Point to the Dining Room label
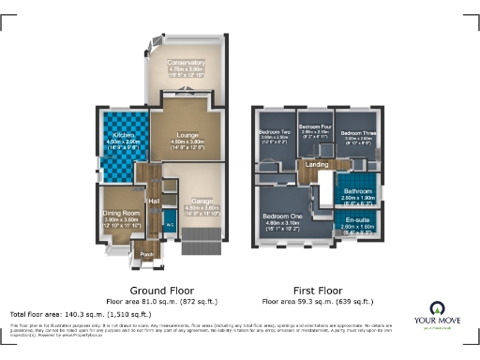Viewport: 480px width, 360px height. coord(121,214)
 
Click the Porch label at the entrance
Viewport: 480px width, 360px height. coord(145,253)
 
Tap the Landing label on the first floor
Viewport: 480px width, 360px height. coord(315,165)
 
